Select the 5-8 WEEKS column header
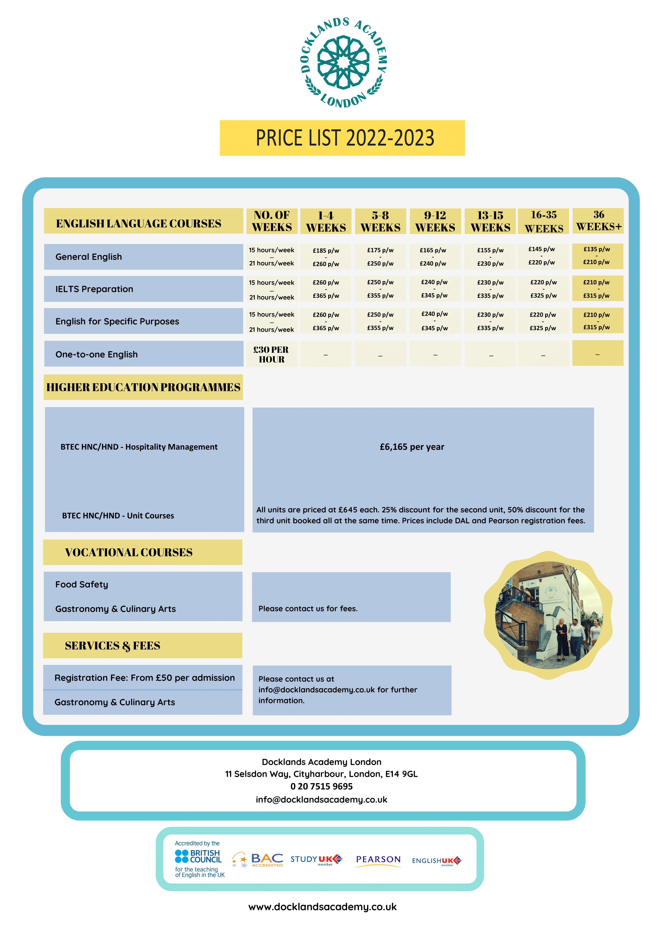(x=380, y=221)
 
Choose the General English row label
(x=89, y=257)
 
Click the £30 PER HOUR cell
(x=271, y=354)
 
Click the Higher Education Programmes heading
(x=143, y=387)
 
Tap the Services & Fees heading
(x=113, y=645)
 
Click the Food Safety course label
(x=82, y=585)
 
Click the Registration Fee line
(x=144, y=678)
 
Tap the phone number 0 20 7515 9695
(x=321, y=786)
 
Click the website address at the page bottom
(x=323, y=907)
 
